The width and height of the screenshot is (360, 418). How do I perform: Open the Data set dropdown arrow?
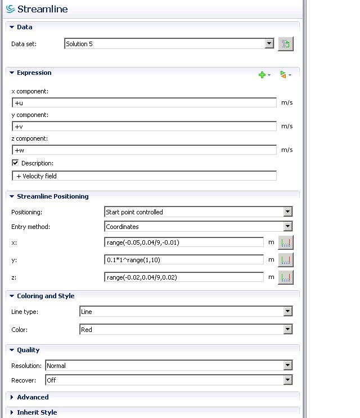[x=269, y=44]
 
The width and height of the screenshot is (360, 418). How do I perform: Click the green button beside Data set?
[x=285, y=44]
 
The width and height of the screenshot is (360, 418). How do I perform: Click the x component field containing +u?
[x=144, y=103]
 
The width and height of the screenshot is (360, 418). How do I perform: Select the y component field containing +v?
[x=144, y=127]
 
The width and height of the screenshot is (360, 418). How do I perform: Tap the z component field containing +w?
[x=144, y=150]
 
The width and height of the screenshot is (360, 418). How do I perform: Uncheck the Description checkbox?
[x=15, y=163]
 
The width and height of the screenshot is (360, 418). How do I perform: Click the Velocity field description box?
[x=144, y=176]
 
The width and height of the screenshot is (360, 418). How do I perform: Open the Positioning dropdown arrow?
[x=287, y=212]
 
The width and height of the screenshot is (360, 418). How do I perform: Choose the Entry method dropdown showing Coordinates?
[x=198, y=227]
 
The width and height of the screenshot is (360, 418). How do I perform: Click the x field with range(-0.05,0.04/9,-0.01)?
[x=184, y=242]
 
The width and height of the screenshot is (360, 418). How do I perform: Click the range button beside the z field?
[x=286, y=277]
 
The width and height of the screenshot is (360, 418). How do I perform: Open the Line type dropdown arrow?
[x=287, y=312]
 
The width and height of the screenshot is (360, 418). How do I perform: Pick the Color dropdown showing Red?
[x=186, y=330]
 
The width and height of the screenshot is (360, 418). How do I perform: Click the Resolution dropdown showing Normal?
[x=169, y=366]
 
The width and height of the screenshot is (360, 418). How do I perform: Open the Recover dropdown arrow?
[x=287, y=380]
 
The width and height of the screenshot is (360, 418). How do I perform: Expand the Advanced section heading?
[x=33, y=397]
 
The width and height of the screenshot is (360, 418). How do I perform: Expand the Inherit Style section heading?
[x=37, y=412]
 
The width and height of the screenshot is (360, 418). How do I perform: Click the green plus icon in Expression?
[x=262, y=75]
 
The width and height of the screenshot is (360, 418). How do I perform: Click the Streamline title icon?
[x=10, y=9]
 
